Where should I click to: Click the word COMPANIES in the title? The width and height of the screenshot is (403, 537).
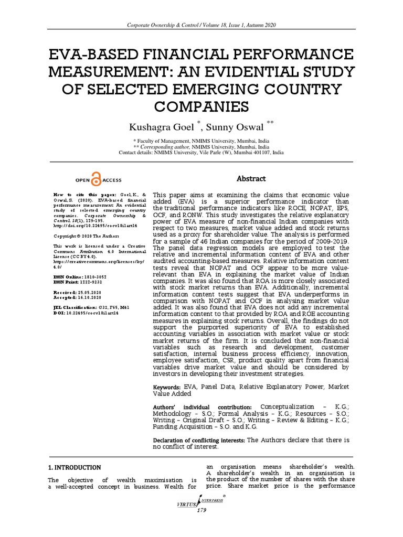201,107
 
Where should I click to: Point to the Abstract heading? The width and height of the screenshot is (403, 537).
250,179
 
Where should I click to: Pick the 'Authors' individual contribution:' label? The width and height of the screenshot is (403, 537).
202,407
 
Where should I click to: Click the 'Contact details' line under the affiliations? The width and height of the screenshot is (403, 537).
201,153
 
